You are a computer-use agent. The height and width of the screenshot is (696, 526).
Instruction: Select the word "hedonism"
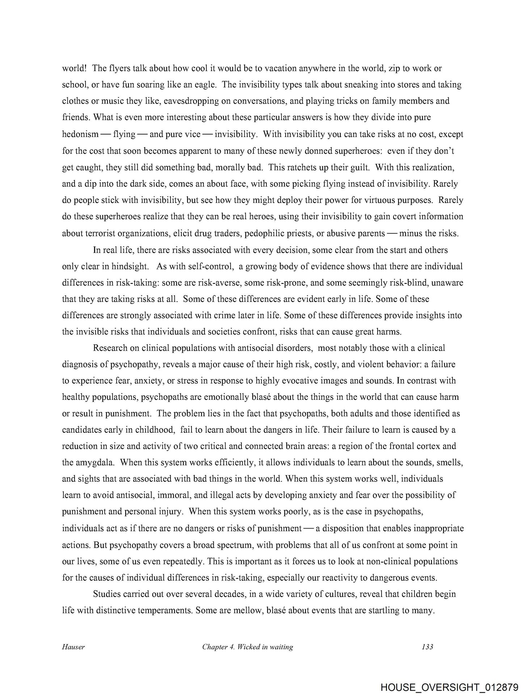click(80, 134)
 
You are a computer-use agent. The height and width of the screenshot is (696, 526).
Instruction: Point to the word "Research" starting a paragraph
click(110, 348)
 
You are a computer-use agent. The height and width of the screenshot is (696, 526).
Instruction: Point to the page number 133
click(428, 647)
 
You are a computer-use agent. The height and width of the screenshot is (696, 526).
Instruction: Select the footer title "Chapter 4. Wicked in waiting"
click(248, 647)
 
